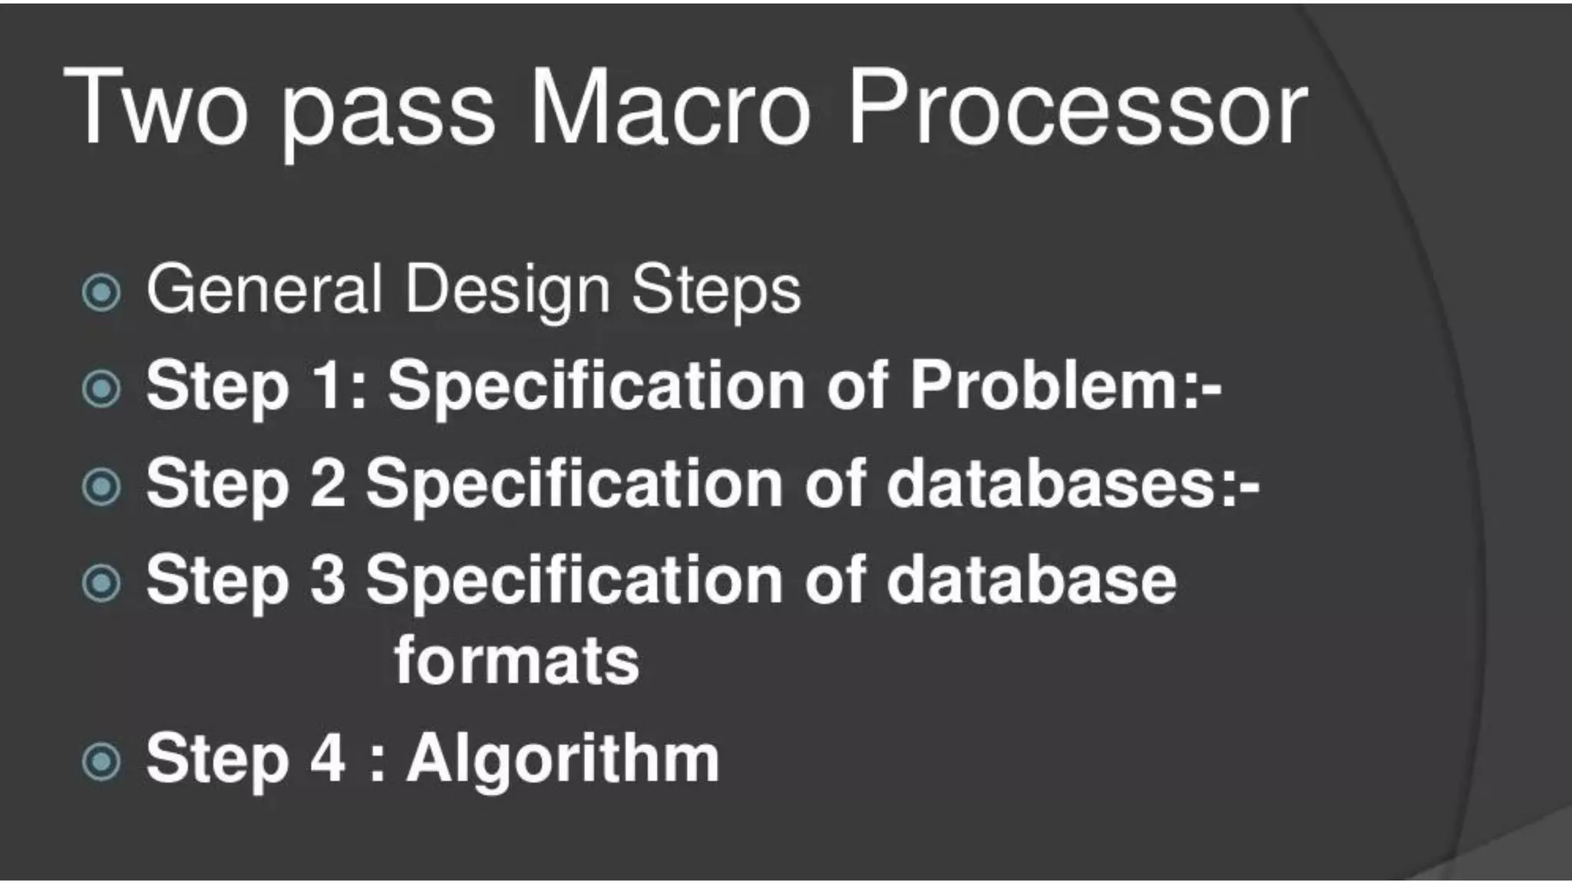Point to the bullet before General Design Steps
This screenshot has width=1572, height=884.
(x=101, y=292)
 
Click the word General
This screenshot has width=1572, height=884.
(x=264, y=289)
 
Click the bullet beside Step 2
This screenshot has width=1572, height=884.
(x=101, y=487)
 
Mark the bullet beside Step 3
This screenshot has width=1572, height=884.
(x=101, y=584)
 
